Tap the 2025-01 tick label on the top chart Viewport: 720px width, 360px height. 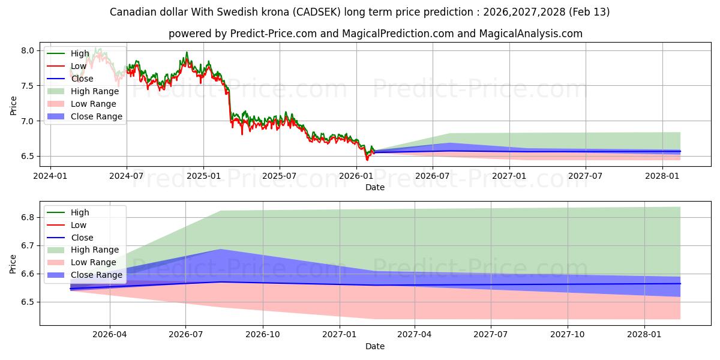203,176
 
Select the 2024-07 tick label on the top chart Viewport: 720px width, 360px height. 127,176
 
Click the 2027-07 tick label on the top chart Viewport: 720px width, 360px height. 586,176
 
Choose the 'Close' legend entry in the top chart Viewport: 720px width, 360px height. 82,79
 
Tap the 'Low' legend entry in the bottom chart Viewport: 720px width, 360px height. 79,225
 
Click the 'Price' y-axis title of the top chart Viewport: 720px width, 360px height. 13,106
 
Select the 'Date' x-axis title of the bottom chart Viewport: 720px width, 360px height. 374,346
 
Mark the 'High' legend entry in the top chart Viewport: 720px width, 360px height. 79,53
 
